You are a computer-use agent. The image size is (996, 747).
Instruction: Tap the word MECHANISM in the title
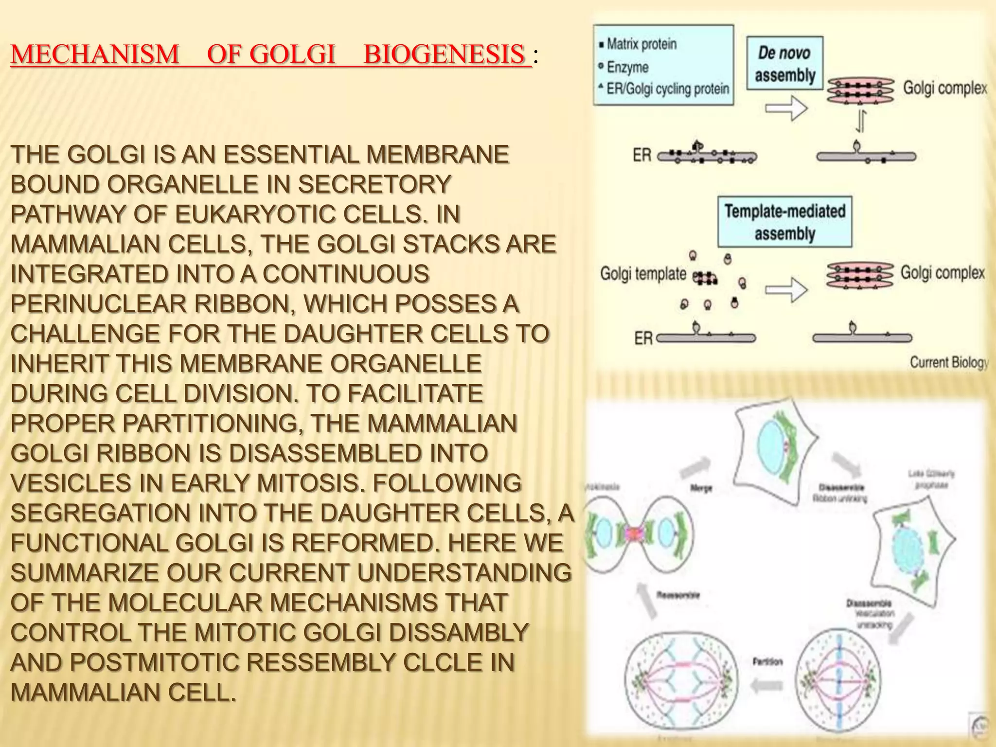point(95,54)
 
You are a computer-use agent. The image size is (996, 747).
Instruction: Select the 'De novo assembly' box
point(784,63)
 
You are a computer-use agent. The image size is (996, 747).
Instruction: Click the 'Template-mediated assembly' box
point(784,222)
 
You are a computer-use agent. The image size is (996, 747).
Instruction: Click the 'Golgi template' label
point(642,273)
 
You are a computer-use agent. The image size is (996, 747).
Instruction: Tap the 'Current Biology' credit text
point(948,362)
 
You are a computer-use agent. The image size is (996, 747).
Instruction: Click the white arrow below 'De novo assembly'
point(786,107)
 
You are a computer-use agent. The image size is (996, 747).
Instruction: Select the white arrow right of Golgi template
point(786,290)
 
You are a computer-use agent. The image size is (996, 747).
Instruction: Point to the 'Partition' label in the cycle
point(767,662)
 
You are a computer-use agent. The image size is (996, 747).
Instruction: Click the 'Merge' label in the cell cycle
point(701,488)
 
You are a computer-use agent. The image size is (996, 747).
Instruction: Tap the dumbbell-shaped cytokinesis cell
point(639,534)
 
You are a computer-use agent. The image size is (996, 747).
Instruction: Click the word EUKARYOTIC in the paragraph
point(255,214)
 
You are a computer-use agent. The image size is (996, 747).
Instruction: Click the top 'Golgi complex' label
point(944,88)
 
